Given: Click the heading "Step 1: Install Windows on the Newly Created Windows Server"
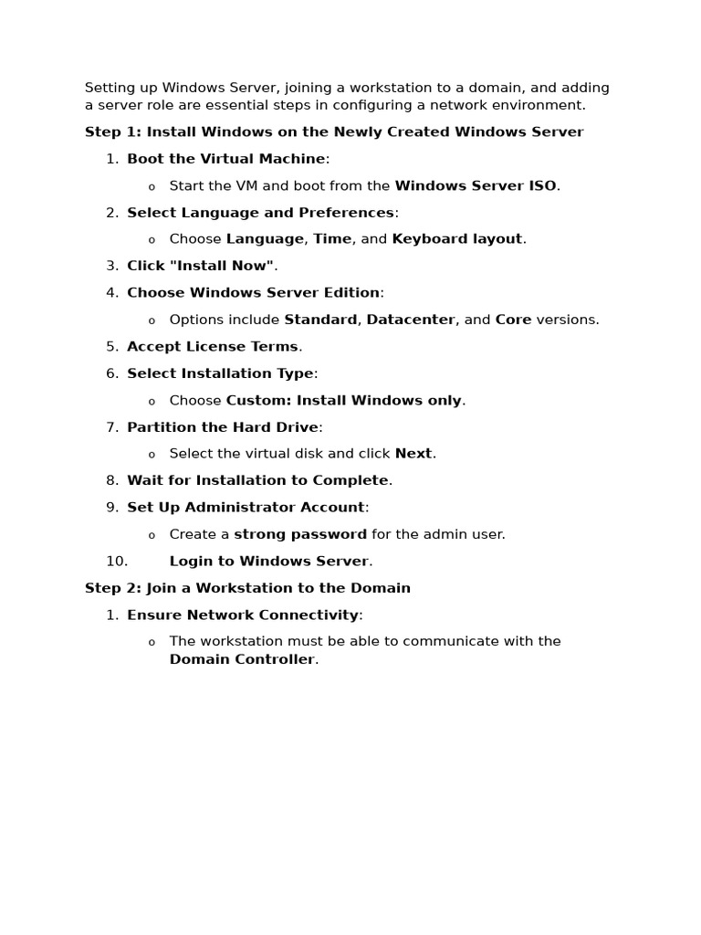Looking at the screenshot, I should point(334,132).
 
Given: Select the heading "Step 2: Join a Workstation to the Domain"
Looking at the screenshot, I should point(247,589).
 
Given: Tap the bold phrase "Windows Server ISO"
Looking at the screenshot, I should point(476,186).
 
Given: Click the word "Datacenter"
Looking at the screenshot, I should point(411,320).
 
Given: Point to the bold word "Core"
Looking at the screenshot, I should point(513,320).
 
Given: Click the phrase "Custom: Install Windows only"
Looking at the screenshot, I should point(343,401).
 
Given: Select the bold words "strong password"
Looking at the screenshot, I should point(300,535).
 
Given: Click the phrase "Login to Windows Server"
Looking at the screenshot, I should point(269,562).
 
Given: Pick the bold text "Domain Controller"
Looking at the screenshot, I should point(242,660).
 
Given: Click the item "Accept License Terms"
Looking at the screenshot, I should point(213,347).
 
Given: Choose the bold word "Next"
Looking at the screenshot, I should point(413,454).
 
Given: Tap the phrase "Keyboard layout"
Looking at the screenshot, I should point(457,239).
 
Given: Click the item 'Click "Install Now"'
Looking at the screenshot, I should point(200,267).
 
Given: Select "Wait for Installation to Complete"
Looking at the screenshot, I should point(257,481).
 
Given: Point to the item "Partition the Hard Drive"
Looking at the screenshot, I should point(223,427).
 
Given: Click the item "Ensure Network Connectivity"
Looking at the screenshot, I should point(243,615).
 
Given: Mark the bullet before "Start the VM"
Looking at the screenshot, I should point(152,187).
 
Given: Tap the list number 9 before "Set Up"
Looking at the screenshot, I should point(112,508).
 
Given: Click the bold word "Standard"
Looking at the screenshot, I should point(320,320).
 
